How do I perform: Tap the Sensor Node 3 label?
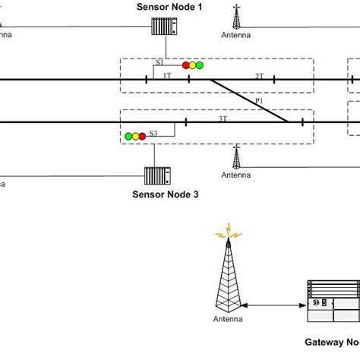pos(166,194)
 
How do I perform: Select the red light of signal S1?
pos(185,65)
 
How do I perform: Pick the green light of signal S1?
pos(201,65)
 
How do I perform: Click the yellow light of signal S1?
pos(193,65)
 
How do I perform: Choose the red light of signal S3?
pos(142,136)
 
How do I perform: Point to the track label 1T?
pos(167,76)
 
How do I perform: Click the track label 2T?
pos(259,76)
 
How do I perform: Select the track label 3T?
pos(223,118)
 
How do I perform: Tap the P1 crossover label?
pos(259,100)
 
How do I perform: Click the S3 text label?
pos(153,134)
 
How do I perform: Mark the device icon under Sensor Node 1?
pos(165,27)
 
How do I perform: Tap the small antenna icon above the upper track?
pos(236,16)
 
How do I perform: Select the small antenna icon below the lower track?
pos(236,157)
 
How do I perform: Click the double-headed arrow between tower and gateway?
pos(274,306)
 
